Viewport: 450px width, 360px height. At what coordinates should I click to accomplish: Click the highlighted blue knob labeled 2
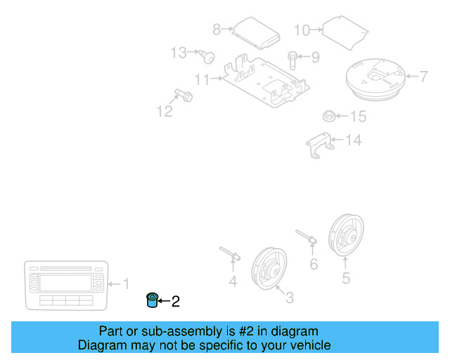pyautogui.click(x=150, y=301)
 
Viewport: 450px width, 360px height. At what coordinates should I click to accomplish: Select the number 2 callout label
pyautogui.click(x=176, y=302)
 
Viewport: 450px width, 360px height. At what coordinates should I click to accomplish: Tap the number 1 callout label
pyautogui.click(x=127, y=284)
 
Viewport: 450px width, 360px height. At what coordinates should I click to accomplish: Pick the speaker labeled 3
pyautogui.click(x=266, y=266)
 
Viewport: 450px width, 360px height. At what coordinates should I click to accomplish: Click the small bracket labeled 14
pyautogui.click(x=320, y=145)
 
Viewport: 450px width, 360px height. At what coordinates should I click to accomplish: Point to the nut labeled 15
pyautogui.click(x=328, y=115)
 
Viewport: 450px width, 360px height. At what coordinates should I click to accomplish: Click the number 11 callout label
pyautogui.click(x=202, y=79)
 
